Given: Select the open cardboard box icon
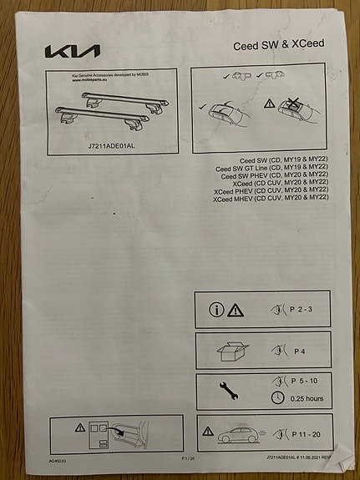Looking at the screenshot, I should tap(231, 351).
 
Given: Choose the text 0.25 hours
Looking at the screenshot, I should tap(309, 399).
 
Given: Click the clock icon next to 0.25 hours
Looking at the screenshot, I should tap(279, 398).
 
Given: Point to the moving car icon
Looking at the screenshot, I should tap(239, 434).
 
